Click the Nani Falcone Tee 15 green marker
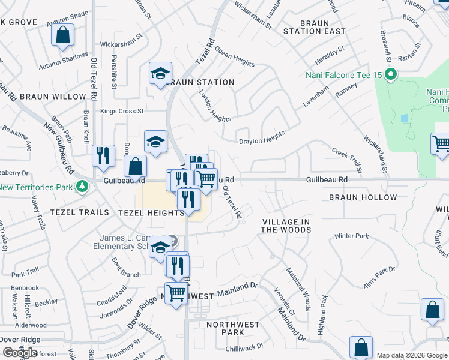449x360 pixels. [x=391, y=75]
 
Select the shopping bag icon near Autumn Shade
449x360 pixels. [x=63, y=35]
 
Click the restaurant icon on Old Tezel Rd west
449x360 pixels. [x=103, y=155]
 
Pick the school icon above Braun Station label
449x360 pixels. [x=160, y=74]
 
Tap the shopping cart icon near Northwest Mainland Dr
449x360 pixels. [x=176, y=293]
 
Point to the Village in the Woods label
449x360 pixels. [x=286, y=226]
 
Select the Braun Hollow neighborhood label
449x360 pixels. [x=363, y=197]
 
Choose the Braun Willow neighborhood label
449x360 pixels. [x=53, y=96]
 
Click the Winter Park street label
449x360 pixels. [x=351, y=236]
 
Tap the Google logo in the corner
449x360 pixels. [x=20, y=352]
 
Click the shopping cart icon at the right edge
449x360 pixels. [x=441, y=144]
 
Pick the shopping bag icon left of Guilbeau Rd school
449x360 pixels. [x=135, y=166]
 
